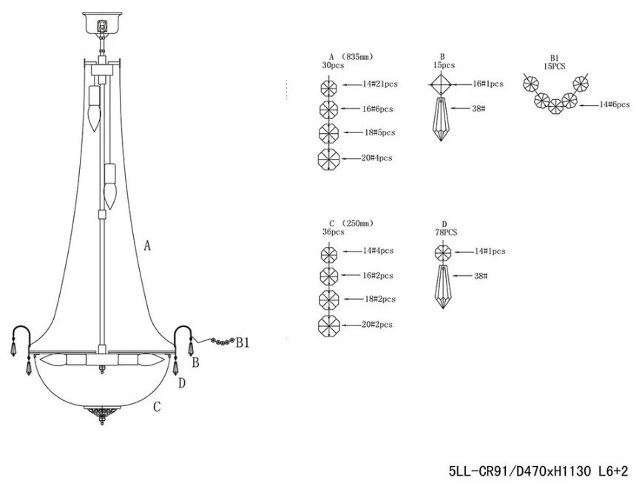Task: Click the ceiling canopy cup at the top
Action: pyautogui.click(x=102, y=22)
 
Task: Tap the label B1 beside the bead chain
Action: pyautogui.click(x=243, y=343)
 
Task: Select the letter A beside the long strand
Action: pyautogui.click(x=147, y=246)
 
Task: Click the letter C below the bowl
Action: pyautogui.click(x=157, y=407)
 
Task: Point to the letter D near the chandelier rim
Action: pyautogui.click(x=182, y=383)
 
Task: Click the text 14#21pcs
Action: pyautogui.click(x=380, y=84)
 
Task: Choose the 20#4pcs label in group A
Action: pyautogui.click(x=377, y=158)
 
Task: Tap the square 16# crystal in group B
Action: pyautogui.click(x=441, y=84)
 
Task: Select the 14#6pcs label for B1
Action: pyautogui.click(x=615, y=105)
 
